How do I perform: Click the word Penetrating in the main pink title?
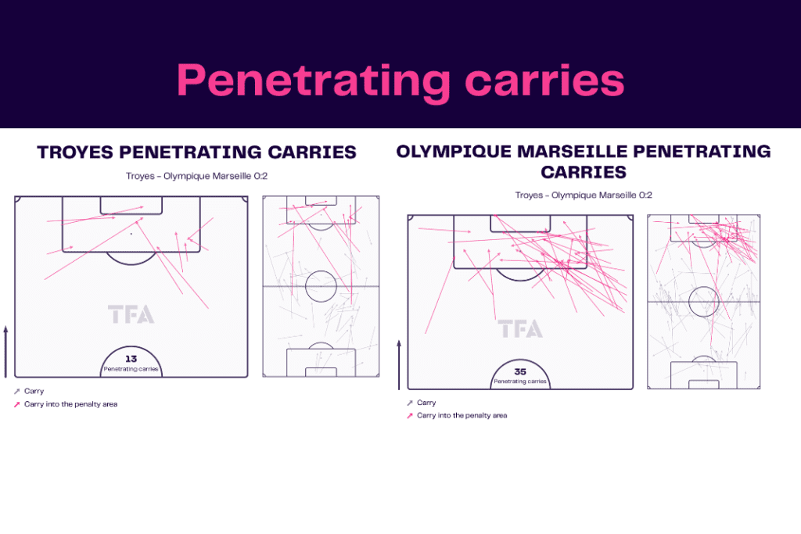(313, 81)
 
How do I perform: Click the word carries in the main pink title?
(545, 81)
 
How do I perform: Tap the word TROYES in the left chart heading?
(75, 152)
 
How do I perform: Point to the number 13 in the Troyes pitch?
(131, 359)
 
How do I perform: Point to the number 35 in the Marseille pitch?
(520, 371)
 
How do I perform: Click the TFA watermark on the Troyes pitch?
(131, 314)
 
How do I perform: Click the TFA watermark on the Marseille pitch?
(520, 329)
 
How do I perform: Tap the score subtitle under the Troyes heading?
(196, 176)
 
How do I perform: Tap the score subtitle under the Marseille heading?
(584, 195)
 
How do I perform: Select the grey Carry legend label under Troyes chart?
(34, 391)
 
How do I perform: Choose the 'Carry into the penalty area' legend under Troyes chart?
(70, 403)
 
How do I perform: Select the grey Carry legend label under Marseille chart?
(426, 403)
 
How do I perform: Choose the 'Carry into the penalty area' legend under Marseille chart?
(462, 416)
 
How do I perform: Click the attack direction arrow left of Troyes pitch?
(5, 352)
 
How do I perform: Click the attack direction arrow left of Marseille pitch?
(399, 365)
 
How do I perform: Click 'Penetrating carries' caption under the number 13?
(131, 369)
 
